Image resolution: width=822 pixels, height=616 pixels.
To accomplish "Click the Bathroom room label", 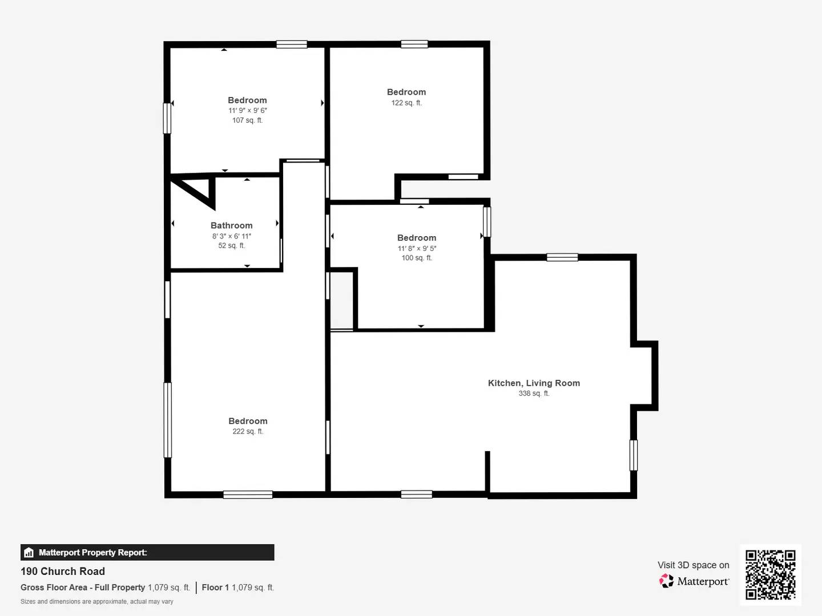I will [231, 225].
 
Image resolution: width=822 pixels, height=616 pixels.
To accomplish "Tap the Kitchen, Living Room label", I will [534, 383].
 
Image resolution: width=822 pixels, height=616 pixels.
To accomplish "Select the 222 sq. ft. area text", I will [248, 432].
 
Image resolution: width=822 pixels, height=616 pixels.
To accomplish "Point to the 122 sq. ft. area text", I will [406, 103].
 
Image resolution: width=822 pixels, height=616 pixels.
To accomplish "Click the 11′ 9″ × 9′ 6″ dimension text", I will [248, 111].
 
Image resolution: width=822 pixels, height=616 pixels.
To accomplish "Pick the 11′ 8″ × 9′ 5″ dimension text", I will [417, 249].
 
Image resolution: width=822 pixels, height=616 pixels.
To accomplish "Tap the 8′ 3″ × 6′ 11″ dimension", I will [231, 236].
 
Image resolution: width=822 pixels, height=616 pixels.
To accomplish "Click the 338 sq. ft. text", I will [534, 394].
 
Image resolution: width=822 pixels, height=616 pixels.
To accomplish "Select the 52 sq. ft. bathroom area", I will [231, 246].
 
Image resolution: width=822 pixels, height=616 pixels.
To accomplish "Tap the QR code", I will [770, 575].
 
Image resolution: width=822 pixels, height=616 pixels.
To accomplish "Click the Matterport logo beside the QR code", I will [694, 581].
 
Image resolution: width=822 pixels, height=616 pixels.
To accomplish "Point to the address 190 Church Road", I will [63, 572].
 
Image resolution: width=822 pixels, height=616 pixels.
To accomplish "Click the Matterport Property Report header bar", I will [147, 552].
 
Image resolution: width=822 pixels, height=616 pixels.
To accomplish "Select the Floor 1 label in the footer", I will [215, 587].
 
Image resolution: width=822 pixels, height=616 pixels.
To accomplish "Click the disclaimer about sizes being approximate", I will [97, 602].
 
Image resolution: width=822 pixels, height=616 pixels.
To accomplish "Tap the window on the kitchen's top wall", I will [562, 257].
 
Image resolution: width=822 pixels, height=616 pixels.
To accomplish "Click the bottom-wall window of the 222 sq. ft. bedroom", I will [248, 495].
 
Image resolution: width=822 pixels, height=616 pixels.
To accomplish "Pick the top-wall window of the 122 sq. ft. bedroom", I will [414, 44].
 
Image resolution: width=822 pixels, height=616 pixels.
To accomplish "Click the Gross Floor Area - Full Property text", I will [83, 587].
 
